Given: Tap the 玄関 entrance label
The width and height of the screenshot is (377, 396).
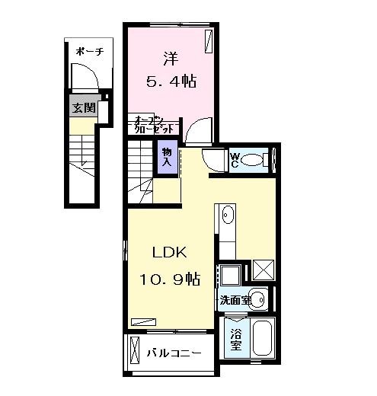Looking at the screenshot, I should [x=83, y=107].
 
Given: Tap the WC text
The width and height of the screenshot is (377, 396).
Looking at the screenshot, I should [x=235, y=160].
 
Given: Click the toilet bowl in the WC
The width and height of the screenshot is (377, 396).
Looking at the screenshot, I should [x=260, y=160].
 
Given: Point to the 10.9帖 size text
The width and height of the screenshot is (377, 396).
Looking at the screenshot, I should [x=169, y=279].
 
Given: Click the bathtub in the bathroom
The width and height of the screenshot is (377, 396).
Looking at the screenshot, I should [x=262, y=340].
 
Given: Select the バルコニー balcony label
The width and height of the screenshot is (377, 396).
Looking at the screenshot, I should [x=174, y=353].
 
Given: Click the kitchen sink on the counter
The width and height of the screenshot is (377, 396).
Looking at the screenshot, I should [x=227, y=217].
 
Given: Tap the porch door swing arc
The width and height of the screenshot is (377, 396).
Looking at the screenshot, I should [x=84, y=77].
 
